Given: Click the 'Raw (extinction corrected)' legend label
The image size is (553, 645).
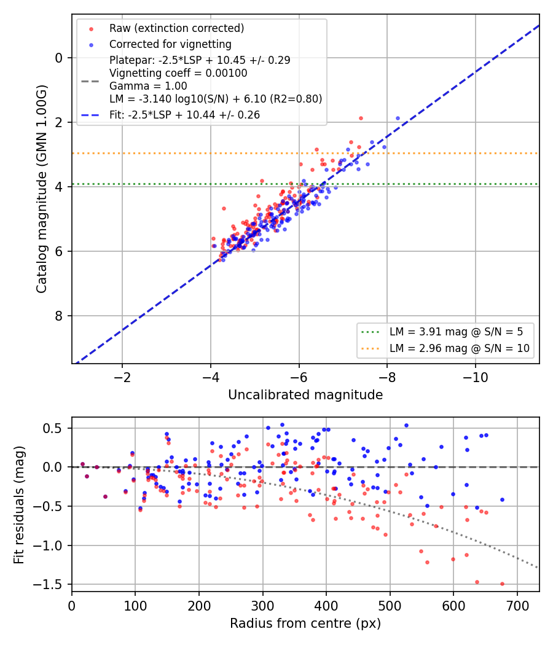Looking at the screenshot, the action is [x=176, y=28].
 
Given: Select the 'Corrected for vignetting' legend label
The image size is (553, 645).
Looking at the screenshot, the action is [x=170, y=44].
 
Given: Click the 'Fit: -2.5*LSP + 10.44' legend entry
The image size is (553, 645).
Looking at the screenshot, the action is [x=185, y=115].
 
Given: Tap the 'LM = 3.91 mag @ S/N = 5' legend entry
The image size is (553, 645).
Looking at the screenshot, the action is [x=457, y=332].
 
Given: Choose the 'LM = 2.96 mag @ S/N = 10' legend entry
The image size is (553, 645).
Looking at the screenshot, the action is [x=460, y=348].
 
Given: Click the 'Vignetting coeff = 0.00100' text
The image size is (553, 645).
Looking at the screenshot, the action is [x=178, y=73].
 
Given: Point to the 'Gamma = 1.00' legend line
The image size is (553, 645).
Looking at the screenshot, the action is [x=148, y=86].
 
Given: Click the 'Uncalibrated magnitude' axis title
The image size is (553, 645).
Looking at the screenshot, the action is [x=305, y=395].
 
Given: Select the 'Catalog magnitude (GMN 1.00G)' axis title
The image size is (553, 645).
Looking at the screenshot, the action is [x=41, y=189].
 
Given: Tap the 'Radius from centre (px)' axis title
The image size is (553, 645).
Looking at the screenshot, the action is [x=305, y=623].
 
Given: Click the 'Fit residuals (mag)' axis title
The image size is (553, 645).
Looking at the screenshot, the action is [x=19, y=505].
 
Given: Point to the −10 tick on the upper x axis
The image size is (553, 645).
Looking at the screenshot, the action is [x=475, y=377].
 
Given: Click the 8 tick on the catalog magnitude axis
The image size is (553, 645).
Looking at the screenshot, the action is [x=58, y=316].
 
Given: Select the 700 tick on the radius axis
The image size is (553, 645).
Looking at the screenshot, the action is [x=517, y=606].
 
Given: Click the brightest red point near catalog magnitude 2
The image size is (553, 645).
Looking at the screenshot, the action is [x=361, y=119].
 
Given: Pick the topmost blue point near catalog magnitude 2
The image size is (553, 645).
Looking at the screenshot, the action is [x=398, y=119].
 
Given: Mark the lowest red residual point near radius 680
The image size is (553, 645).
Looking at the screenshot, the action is [x=502, y=584].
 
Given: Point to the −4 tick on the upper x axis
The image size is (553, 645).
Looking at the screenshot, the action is [x=210, y=377].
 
